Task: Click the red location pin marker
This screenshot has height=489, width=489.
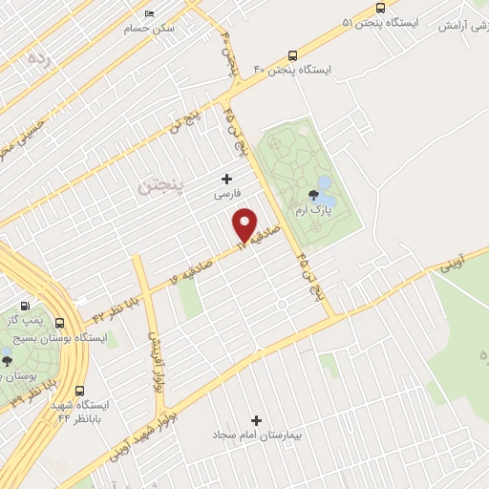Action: coord(246,223)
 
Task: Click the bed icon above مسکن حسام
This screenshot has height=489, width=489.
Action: coord(150,14)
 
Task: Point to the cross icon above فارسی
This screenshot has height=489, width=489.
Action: coord(226,178)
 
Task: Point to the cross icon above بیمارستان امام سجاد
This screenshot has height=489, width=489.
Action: coord(255,420)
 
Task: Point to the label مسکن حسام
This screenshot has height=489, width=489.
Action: coord(154,28)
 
